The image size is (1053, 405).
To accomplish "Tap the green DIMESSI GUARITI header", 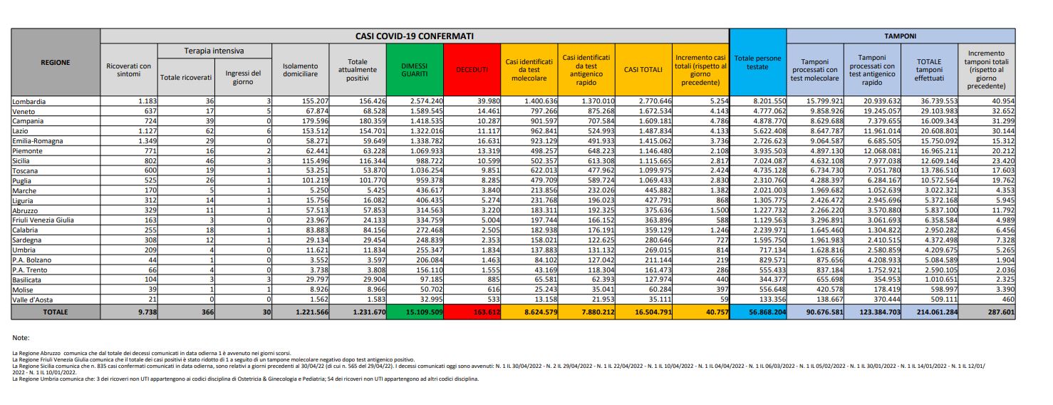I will (414, 69).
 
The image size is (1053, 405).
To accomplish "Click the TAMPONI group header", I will (901, 36).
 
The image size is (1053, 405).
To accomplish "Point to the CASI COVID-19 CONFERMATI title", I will (415, 36).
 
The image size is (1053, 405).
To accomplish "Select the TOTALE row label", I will (56, 312).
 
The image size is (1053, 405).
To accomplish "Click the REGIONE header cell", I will (56, 62).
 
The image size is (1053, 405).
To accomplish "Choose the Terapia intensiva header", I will (214, 51).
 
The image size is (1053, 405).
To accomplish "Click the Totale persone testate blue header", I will (757, 62).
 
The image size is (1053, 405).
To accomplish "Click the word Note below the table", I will (22, 337).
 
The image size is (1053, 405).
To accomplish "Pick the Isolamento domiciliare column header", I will (299, 69).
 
